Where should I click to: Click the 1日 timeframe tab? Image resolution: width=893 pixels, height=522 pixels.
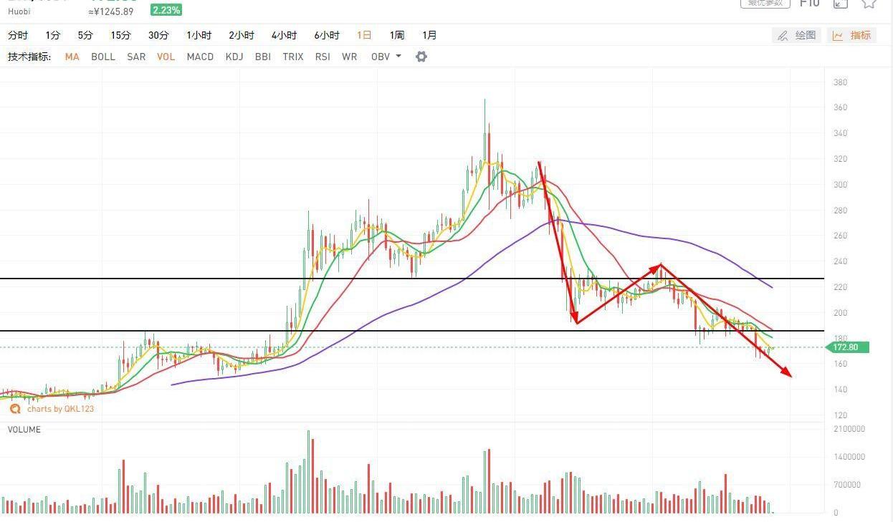(364, 35)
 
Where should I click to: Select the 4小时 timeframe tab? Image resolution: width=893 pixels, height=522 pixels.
(284, 35)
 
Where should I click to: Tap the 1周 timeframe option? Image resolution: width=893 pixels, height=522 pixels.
(397, 35)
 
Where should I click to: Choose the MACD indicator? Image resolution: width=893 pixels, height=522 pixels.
(200, 57)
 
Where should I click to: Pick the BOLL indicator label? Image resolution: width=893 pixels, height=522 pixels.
(103, 57)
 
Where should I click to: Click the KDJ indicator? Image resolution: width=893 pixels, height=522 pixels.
(234, 57)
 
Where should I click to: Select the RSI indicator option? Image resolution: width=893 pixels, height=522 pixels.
(323, 57)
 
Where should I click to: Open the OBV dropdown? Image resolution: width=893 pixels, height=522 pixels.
(386, 57)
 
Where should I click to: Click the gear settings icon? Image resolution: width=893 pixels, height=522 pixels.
(421, 57)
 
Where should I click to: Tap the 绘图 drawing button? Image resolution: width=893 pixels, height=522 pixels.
(797, 35)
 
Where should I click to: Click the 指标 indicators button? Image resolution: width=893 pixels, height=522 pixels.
(852, 35)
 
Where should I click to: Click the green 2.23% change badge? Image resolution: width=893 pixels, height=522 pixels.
(166, 10)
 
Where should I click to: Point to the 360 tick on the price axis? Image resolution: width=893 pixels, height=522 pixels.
(840, 107)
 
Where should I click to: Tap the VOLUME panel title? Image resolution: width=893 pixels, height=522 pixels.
(24, 430)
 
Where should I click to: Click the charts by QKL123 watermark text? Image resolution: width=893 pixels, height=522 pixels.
(60, 409)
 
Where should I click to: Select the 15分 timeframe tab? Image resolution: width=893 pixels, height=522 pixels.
(120, 35)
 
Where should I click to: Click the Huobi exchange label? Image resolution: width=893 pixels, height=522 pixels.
(19, 11)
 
